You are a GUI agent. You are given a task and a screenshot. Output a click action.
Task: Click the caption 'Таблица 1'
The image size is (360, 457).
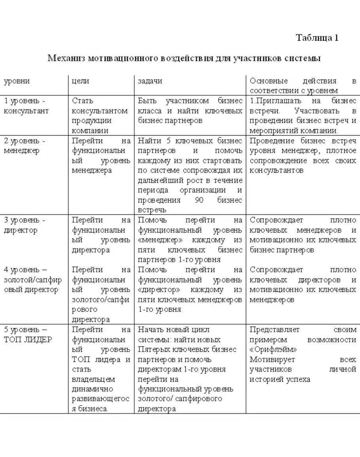tap(317, 38)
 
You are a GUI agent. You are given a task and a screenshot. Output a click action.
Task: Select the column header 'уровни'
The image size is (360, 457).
tap(17, 81)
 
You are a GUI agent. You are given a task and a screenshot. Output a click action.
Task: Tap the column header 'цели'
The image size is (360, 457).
tap(80, 81)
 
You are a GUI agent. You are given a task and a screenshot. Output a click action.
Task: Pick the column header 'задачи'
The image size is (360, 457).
tap(150, 81)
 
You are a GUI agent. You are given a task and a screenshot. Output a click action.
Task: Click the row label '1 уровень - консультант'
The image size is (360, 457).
tap(26, 106)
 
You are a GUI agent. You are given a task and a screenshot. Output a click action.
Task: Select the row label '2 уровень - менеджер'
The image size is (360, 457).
tap(25, 146)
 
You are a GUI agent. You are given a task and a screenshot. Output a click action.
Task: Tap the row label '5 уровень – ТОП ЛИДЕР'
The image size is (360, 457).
tap(28, 335)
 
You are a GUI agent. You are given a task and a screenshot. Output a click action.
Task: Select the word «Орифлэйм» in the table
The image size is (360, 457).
tap(273, 350)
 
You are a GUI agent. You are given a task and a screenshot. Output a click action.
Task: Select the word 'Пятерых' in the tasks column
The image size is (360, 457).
tap(153, 350)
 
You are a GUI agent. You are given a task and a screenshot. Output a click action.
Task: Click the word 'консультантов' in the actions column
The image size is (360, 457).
tap(277, 170)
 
